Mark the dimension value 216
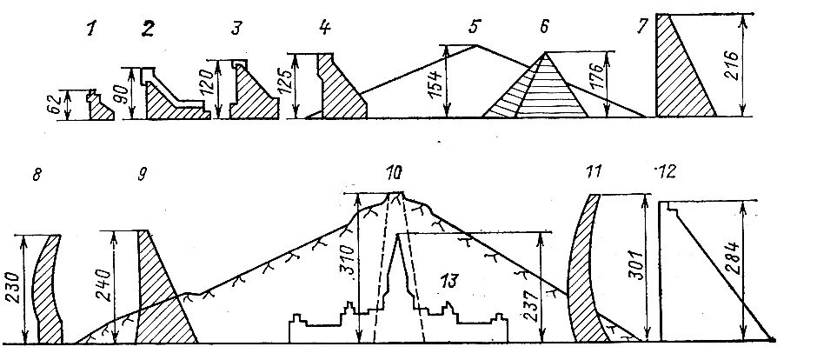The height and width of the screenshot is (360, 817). click(x=732, y=66)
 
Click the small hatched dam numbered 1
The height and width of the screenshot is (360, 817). click(x=101, y=110)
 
